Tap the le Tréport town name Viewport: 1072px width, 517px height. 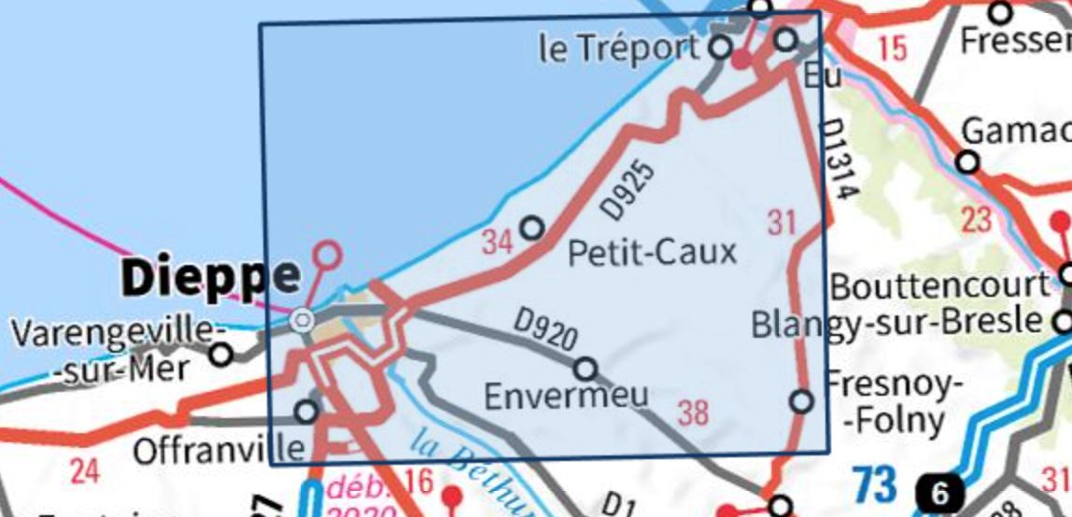pyautogui.click(x=618, y=49)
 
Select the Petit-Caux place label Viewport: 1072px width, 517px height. pyautogui.click(x=652, y=251)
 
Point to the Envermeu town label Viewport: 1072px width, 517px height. pyautogui.click(x=566, y=396)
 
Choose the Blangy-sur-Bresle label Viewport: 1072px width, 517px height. pyautogui.click(x=896, y=323)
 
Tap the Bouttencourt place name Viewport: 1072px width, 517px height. pyautogui.click(x=939, y=286)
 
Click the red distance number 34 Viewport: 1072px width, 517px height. pyautogui.click(x=498, y=243)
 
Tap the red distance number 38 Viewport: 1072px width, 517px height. pyautogui.click(x=693, y=412)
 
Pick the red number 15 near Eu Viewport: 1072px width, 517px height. pyautogui.click(x=893, y=48)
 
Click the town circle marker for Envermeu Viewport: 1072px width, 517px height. pyautogui.click(x=585, y=369)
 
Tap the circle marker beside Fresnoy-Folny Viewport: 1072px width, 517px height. pyautogui.click(x=801, y=401)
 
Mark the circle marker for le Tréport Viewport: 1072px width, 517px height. pyautogui.click(x=721, y=47)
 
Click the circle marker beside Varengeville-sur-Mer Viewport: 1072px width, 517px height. pyautogui.click(x=221, y=355)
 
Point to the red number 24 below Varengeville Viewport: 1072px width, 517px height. pyautogui.click(x=84, y=471)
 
